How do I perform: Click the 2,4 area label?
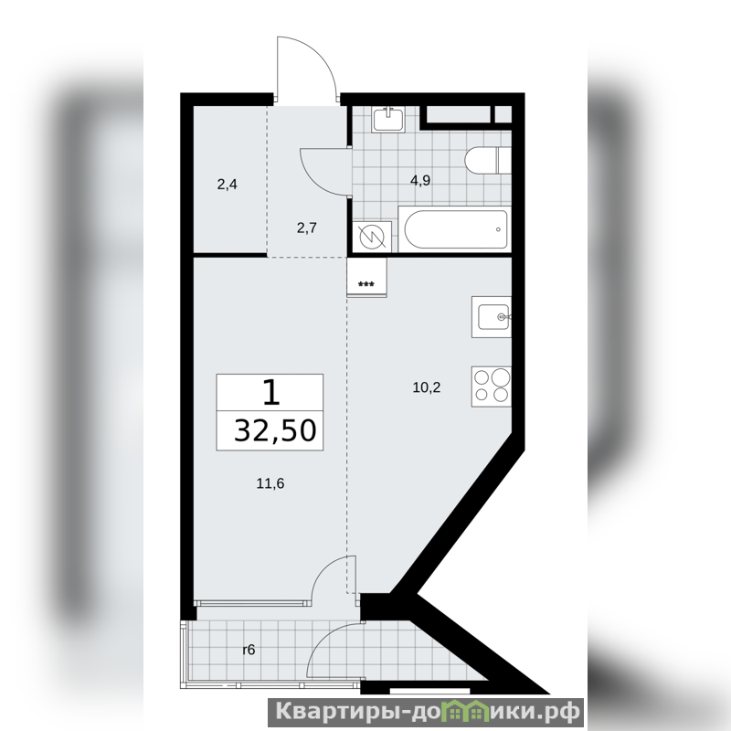point(227,185)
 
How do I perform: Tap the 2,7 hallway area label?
point(307,228)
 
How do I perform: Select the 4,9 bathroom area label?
point(420,180)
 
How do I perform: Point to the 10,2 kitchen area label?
point(427,387)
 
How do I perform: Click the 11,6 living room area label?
point(270,483)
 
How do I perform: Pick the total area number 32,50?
point(275,430)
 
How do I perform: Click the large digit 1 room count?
point(270,392)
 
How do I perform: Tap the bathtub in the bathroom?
point(455,230)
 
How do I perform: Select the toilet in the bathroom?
point(488,161)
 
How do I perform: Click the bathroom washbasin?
point(388,119)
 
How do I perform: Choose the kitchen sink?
point(492,317)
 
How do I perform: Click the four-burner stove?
point(492,387)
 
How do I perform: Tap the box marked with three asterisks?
point(367,277)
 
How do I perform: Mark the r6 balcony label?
point(249,650)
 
